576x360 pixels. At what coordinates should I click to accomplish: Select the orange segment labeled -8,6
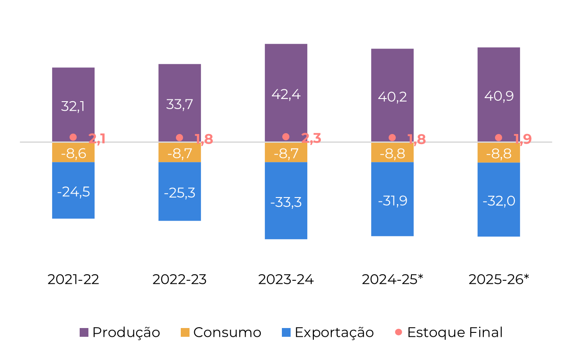tap(73, 153)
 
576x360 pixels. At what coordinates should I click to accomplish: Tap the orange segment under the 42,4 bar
tap(286, 153)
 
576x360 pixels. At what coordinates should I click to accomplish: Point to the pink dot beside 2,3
tap(286, 137)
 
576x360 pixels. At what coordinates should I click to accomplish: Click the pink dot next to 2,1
tap(73, 137)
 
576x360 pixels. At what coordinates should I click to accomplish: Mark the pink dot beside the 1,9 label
tap(499, 138)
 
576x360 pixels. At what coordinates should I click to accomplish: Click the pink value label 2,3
tap(311, 138)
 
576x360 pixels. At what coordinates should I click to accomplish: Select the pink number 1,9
tap(523, 139)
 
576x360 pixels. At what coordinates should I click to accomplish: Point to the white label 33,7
tap(179, 104)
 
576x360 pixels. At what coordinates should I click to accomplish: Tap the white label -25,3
tap(179, 193)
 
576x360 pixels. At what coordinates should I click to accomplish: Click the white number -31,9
tap(393, 201)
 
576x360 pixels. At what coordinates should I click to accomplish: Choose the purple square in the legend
tap(84, 332)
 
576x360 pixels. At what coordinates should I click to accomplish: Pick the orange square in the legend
tap(185, 332)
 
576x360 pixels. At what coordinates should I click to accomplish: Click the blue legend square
tap(286, 332)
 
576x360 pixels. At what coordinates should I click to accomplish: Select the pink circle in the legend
tap(398, 332)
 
